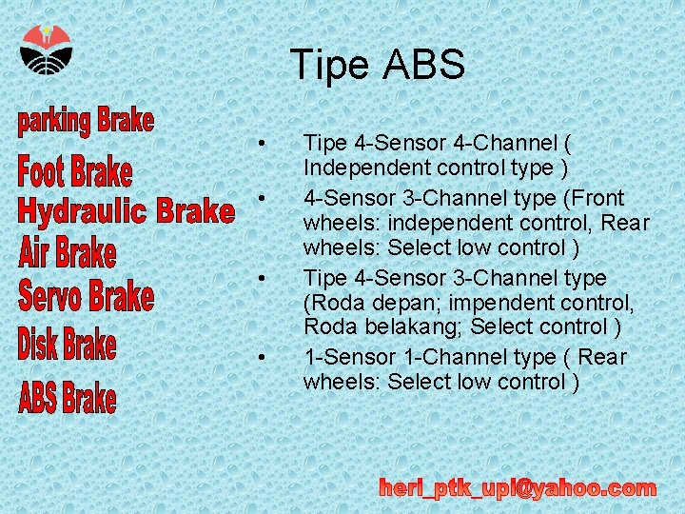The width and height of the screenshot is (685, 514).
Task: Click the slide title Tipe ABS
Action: coord(378,65)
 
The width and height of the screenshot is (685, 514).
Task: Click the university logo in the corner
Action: coord(46,49)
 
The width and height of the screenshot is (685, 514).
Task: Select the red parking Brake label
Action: coord(86,122)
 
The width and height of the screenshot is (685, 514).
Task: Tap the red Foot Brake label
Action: coord(75,172)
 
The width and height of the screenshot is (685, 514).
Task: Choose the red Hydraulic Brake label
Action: coord(126,210)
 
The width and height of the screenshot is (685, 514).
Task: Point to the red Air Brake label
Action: coord(68,253)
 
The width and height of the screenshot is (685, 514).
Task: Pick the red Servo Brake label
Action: coord(86,296)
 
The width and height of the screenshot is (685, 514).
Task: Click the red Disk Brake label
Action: coord(67,345)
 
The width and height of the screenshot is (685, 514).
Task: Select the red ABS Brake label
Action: coord(68,398)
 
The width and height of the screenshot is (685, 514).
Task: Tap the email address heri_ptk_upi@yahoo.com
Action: coord(518,488)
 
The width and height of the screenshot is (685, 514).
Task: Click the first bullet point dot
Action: coord(261,144)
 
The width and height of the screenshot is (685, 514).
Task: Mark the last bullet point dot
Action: coord(261,358)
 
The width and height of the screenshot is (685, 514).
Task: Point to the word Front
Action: coord(599,198)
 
